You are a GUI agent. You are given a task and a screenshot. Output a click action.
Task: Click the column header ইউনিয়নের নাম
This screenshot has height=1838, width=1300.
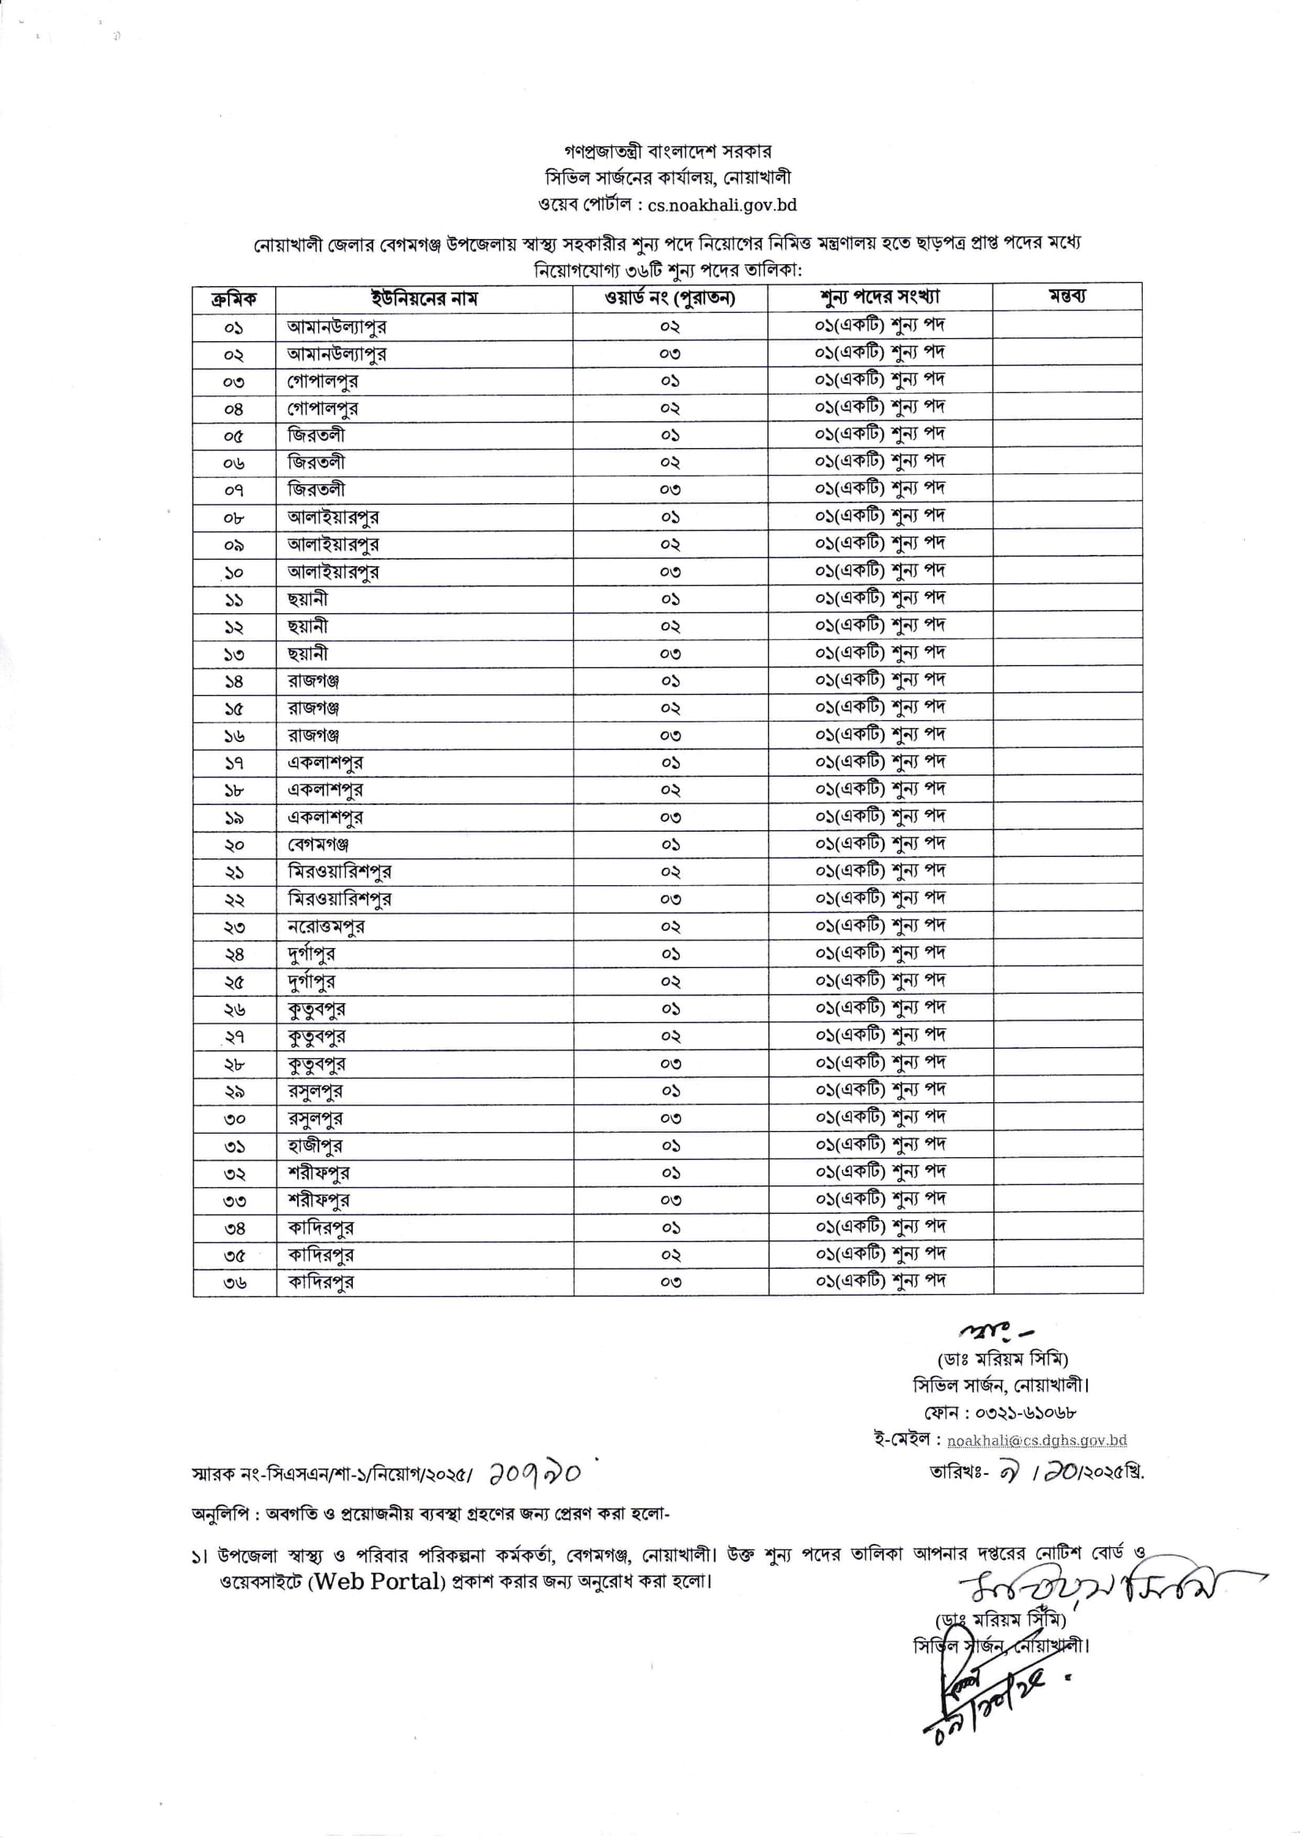[x=424, y=299]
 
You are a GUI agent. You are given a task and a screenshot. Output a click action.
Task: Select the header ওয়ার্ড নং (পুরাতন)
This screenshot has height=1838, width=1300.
[x=670, y=299]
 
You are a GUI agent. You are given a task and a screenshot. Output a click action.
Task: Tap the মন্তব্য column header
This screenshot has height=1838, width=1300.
[x=1067, y=297]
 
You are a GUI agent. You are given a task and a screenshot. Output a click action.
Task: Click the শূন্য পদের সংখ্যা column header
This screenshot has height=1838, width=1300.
[x=880, y=298]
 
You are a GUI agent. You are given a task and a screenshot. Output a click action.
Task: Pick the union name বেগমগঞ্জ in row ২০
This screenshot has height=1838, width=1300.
[x=318, y=844]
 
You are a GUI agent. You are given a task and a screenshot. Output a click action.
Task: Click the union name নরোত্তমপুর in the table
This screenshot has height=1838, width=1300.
[x=327, y=926]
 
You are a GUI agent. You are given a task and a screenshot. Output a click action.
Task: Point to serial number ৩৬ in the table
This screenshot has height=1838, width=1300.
[x=234, y=1282]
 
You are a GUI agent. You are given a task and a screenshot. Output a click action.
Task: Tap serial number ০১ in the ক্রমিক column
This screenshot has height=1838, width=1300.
[x=233, y=327]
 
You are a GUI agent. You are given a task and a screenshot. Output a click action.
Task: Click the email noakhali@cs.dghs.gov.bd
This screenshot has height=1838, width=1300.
[x=1037, y=1440]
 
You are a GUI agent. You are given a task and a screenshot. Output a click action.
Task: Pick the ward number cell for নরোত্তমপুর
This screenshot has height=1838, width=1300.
[x=670, y=926]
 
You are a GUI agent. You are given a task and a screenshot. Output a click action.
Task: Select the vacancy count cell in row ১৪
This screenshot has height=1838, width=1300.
[x=880, y=681]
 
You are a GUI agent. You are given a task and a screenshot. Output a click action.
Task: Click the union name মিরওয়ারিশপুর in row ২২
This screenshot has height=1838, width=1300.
[x=340, y=899]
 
